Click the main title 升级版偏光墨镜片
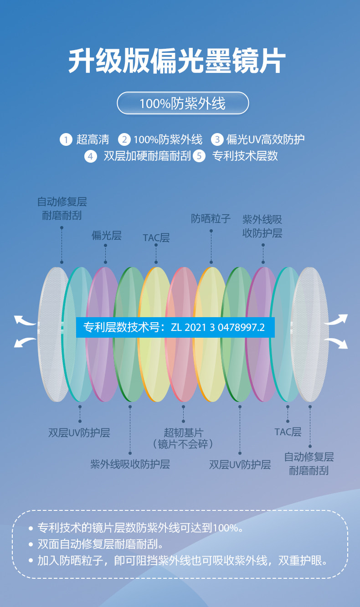click(177, 61)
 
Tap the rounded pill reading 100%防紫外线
click(183, 103)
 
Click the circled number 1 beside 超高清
click(66, 139)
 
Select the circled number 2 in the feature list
click(124, 139)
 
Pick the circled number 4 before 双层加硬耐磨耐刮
click(91, 156)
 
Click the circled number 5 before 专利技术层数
click(199, 156)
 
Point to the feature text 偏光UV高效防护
click(265, 139)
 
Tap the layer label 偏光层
click(106, 236)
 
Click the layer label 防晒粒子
click(211, 219)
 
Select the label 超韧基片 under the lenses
click(183, 432)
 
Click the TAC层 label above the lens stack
click(156, 238)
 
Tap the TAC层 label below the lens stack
click(288, 432)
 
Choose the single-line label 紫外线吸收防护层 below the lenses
click(130, 464)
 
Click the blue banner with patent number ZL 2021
click(175, 327)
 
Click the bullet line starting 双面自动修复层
click(101, 544)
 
